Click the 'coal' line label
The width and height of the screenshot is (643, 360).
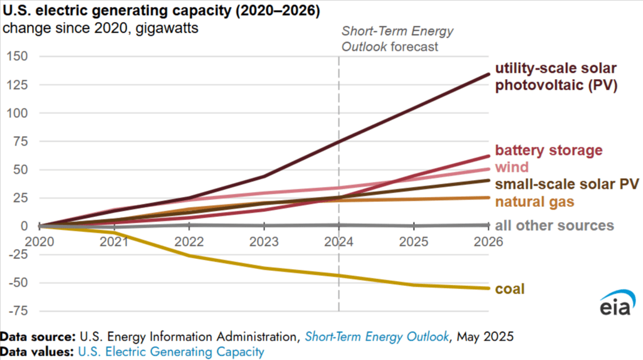[x=510, y=289]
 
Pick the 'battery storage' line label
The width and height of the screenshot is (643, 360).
[x=548, y=151]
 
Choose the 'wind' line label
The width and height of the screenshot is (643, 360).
[x=511, y=167]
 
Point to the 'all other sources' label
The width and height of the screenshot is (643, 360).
[x=554, y=226]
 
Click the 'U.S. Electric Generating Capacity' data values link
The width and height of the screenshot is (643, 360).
[x=170, y=352]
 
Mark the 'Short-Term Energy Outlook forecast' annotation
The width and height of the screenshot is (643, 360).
[x=397, y=39]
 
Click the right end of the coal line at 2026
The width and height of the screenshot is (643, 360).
[x=488, y=289]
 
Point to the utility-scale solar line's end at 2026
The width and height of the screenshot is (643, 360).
[x=488, y=74]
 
